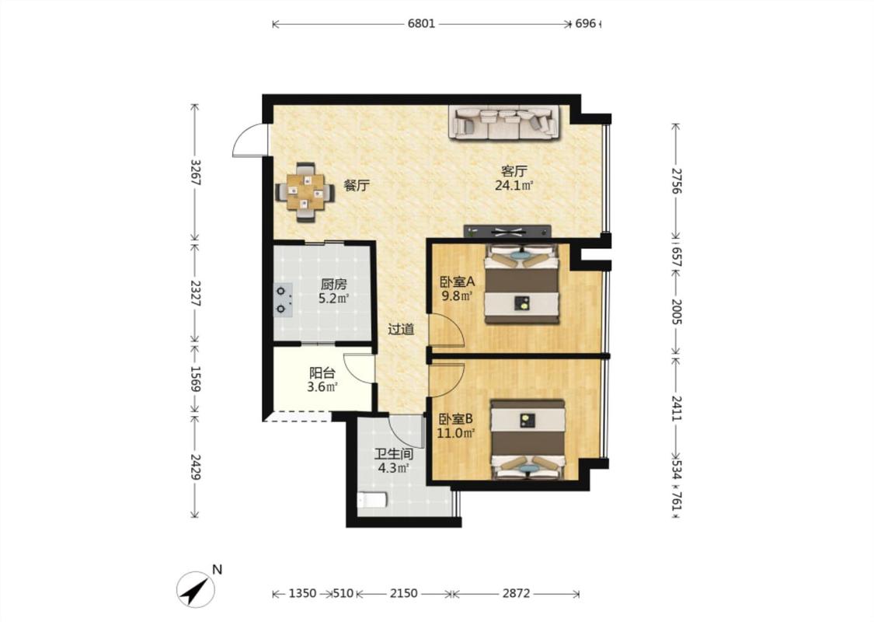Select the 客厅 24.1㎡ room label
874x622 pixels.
(x=514, y=178)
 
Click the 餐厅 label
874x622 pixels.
(x=356, y=186)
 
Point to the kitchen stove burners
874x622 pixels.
(x=283, y=299)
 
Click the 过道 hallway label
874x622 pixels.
(x=402, y=329)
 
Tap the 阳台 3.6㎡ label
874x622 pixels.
(x=322, y=380)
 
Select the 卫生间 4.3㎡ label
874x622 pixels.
(x=394, y=461)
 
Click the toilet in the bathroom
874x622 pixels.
(x=372, y=500)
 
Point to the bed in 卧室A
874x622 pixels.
(x=521, y=283)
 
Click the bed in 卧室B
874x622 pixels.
(x=528, y=439)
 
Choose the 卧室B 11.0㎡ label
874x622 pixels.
(x=456, y=425)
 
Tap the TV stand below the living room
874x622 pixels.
(x=507, y=232)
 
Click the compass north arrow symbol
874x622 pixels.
(x=197, y=589)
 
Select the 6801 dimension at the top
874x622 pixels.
(x=421, y=24)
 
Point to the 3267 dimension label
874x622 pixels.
(x=195, y=173)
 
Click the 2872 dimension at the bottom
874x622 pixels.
(x=516, y=593)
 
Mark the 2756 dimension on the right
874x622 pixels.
(x=676, y=180)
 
